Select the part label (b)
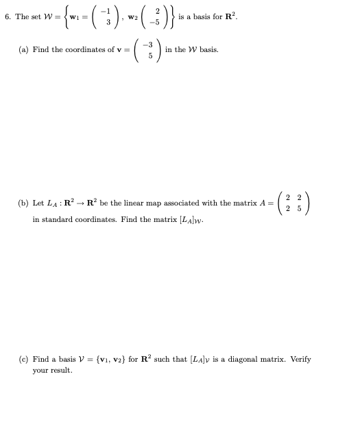(x=23, y=203)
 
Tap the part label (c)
(x=23, y=358)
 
